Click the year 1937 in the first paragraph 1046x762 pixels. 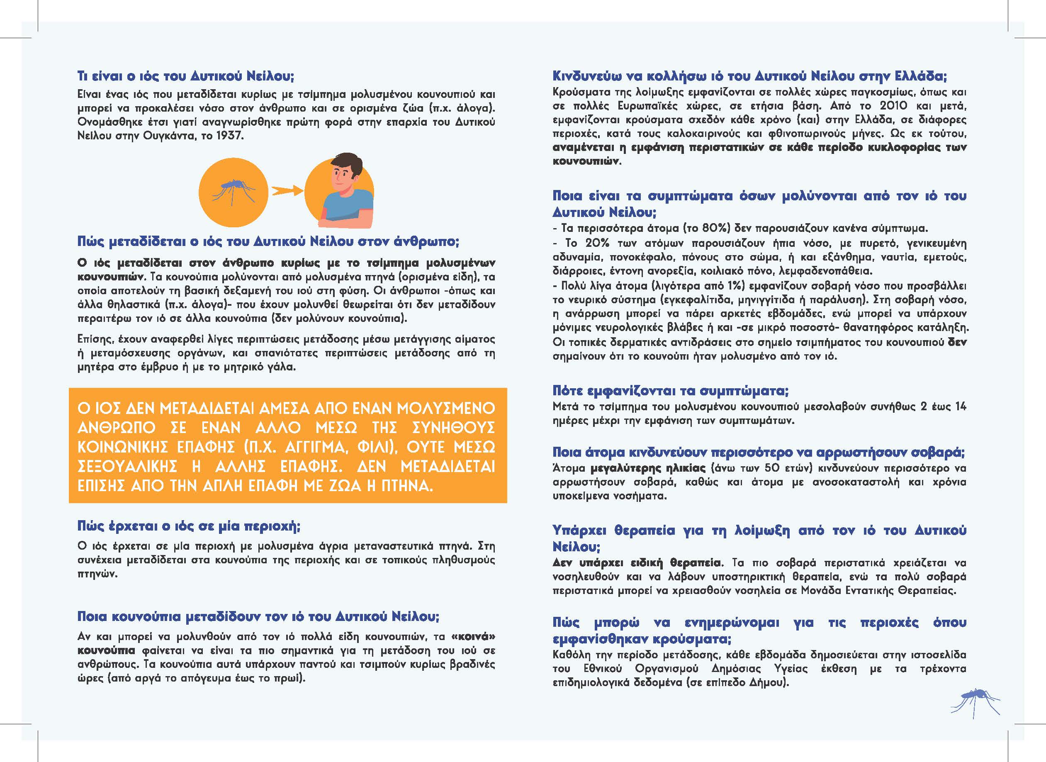tap(230, 136)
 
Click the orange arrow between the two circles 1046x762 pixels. tap(286, 190)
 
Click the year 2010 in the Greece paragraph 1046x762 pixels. tap(893, 106)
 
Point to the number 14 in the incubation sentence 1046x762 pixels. tap(960, 407)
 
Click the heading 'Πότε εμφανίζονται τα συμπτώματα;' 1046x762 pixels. tap(671, 391)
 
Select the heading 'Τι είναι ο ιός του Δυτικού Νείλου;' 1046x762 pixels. tap(185, 75)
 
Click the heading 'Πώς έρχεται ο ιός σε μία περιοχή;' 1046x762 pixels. tap(189, 526)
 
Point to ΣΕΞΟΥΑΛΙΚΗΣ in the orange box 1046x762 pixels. tap(127, 466)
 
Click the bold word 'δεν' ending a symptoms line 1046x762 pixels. tap(957, 342)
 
